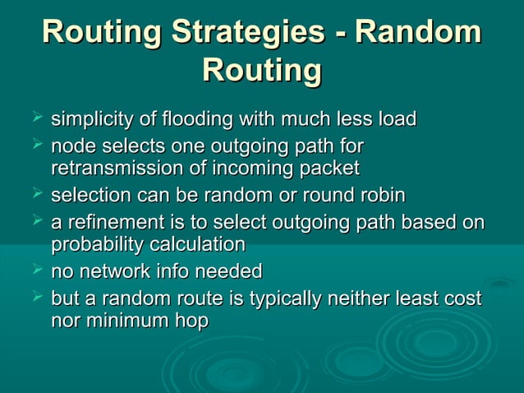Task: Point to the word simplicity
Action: click(x=92, y=120)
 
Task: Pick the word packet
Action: click(x=332, y=169)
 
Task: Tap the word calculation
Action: click(x=200, y=245)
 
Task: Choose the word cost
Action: click(x=462, y=298)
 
